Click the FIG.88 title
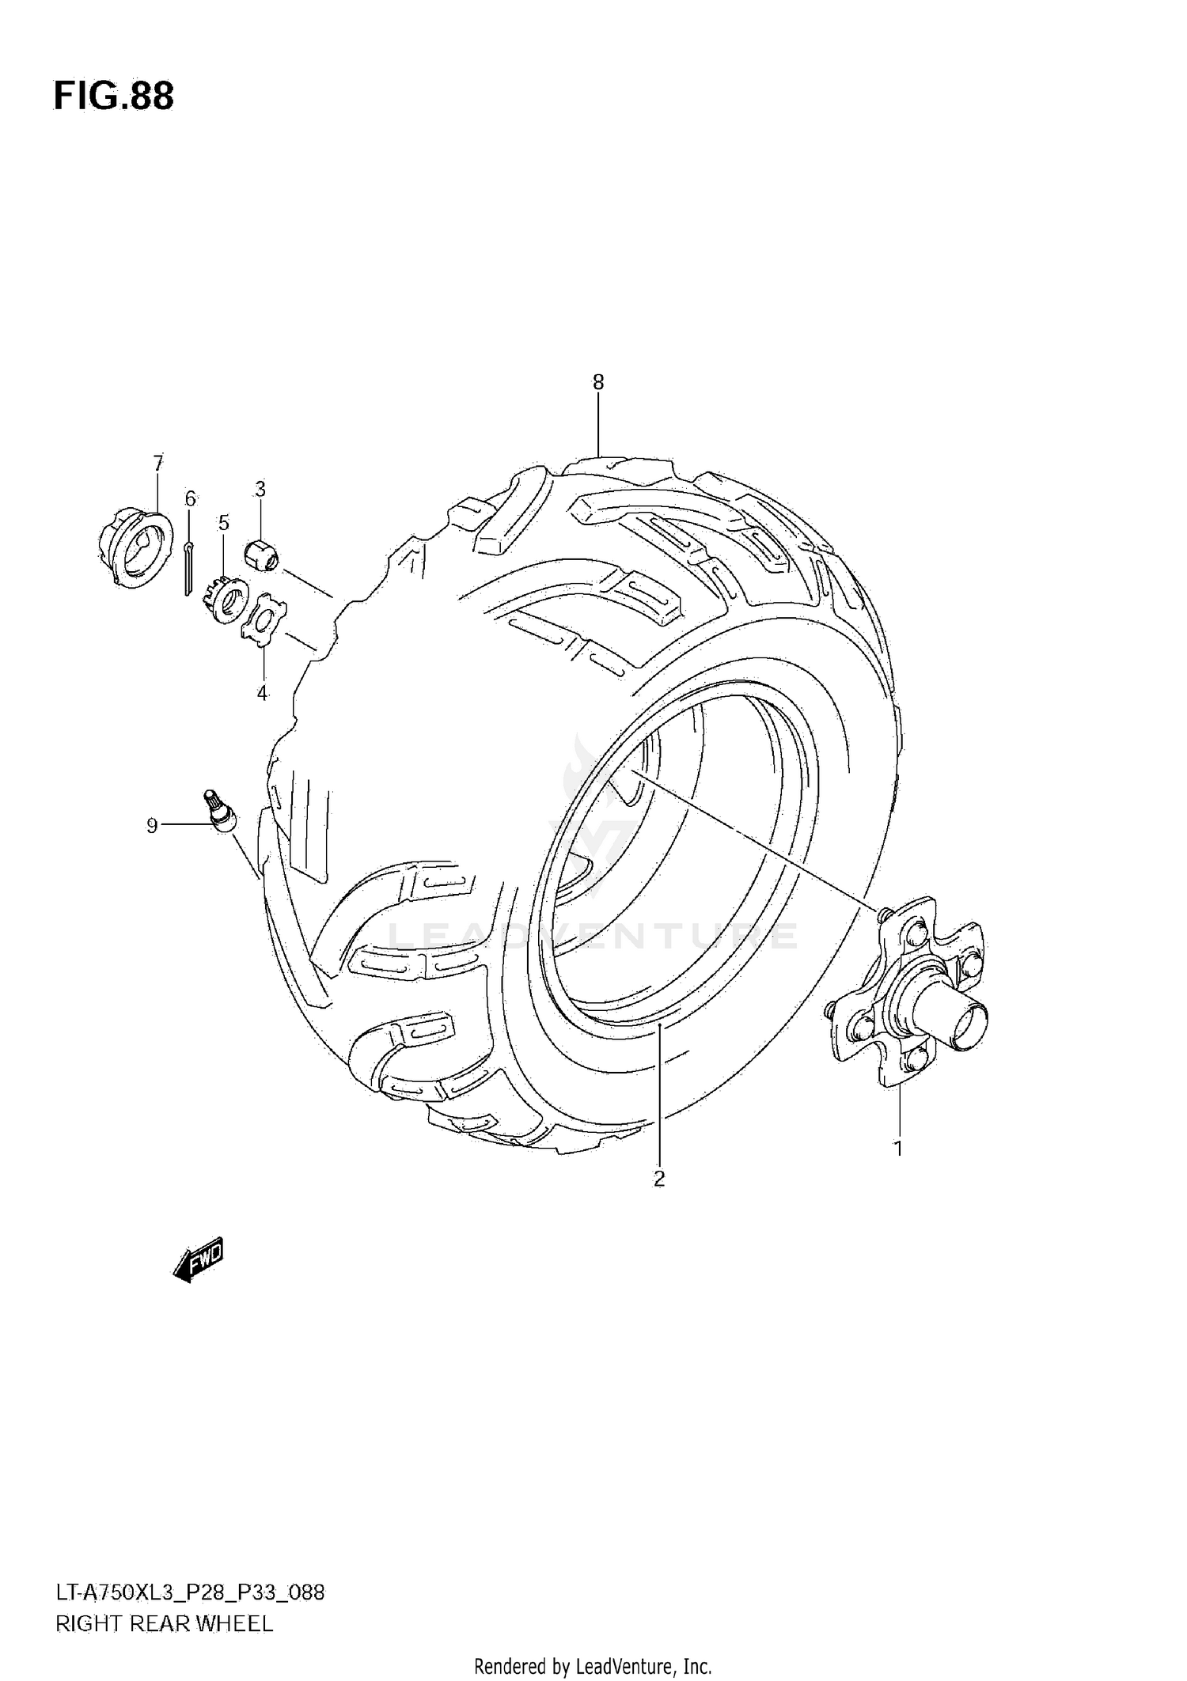pos(114,97)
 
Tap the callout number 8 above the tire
pos(598,383)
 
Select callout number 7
pos(158,462)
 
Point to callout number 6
pos(190,498)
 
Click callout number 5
pos(224,522)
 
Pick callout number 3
pos(260,489)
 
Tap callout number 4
pos(262,693)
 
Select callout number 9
pos(152,826)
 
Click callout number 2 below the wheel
pos(659,1201)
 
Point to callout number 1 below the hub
pos(898,1147)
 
